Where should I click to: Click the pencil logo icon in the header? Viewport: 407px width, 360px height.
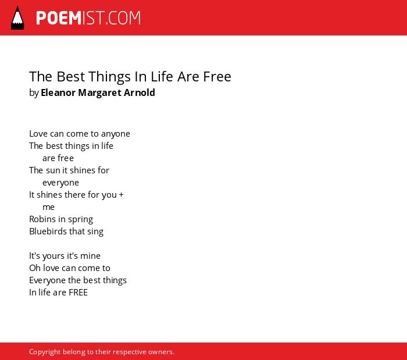coord(17,18)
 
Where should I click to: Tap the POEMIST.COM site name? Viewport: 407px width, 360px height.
coord(88,18)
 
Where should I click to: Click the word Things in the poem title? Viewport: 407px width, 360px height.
coord(109,77)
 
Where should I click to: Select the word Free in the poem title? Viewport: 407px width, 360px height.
coord(217,77)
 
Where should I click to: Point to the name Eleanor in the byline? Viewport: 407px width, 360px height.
coord(58,92)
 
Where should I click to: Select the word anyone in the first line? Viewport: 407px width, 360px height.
coord(116,134)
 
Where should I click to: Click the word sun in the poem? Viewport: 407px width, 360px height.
coord(53,170)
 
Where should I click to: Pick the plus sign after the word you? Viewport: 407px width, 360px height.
coord(121,195)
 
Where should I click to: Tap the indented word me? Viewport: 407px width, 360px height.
coord(48,207)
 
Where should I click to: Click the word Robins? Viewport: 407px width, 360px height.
coord(42,219)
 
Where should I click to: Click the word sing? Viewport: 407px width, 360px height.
coord(95,232)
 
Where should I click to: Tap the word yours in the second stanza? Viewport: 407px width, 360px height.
coord(53,256)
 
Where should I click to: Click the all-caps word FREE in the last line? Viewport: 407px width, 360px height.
coord(78,293)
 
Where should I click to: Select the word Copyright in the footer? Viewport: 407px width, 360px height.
coord(45,352)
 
